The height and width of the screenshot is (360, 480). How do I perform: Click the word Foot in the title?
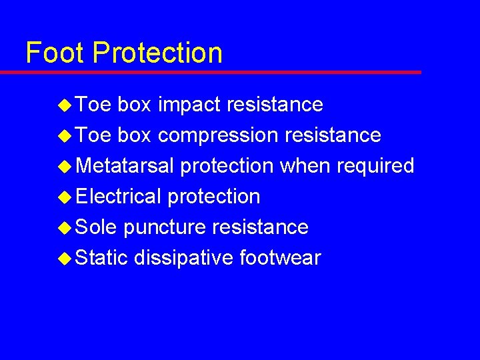[55, 53]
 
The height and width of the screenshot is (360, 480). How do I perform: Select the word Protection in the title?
[157, 53]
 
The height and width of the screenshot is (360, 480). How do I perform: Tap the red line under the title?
[220, 72]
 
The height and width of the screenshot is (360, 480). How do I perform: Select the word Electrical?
[118, 196]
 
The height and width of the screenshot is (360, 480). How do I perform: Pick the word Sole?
[96, 227]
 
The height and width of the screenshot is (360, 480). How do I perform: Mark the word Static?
[101, 257]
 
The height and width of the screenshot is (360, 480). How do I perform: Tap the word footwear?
[280, 257]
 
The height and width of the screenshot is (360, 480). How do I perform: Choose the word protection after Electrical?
[213, 197]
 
